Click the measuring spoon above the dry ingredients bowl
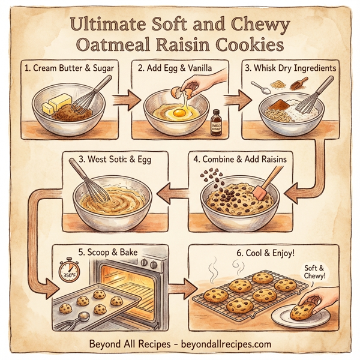(261, 88)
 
